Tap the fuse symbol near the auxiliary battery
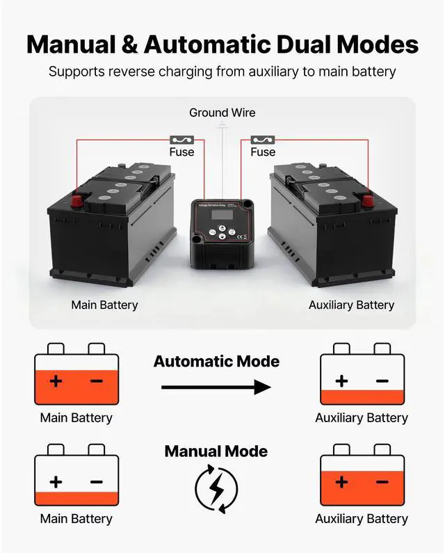pyautogui.click(x=263, y=140)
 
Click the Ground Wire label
pyautogui.click(x=222, y=113)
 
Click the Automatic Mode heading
pyautogui.click(x=216, y=362)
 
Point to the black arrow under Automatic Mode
pyautogui.click(x=216, y=387)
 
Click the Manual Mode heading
pyautogui.click(x=216, y=451)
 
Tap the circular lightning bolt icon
pyautogui.click(x=216, y=490)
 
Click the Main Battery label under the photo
pyautogui.click(x=104, y=305)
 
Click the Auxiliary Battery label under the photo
pyautogui.click(x=351, y=305)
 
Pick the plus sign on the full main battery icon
pyautogui.click(x=56, y=380)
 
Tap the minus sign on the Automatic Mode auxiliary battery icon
pyautogui.click(x=382, y=380)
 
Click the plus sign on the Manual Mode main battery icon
pyautogui.click(x=56, y=481)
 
